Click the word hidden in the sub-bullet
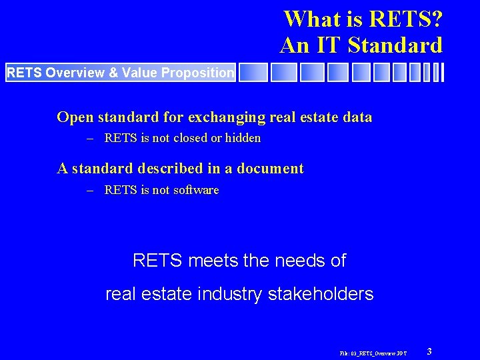[243, 138]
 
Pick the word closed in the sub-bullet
[190, 138]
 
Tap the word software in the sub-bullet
[196, 190]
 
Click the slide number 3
[429, 351]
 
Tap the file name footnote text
[373, 352]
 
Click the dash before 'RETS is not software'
[90, 190]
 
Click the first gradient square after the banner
[253, 73]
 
